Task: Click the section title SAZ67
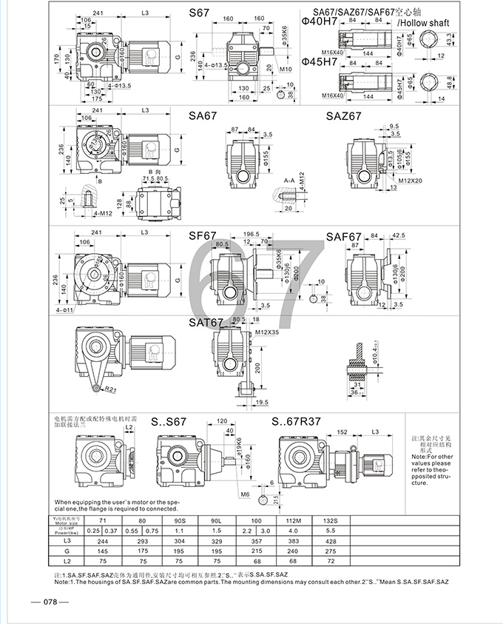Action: (344, 116)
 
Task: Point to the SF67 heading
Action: (201, 236)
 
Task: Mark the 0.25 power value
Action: (92, 531)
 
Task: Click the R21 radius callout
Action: (110, 389)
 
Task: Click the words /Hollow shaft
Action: (419, 24)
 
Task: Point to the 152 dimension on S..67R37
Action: (342, 433)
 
